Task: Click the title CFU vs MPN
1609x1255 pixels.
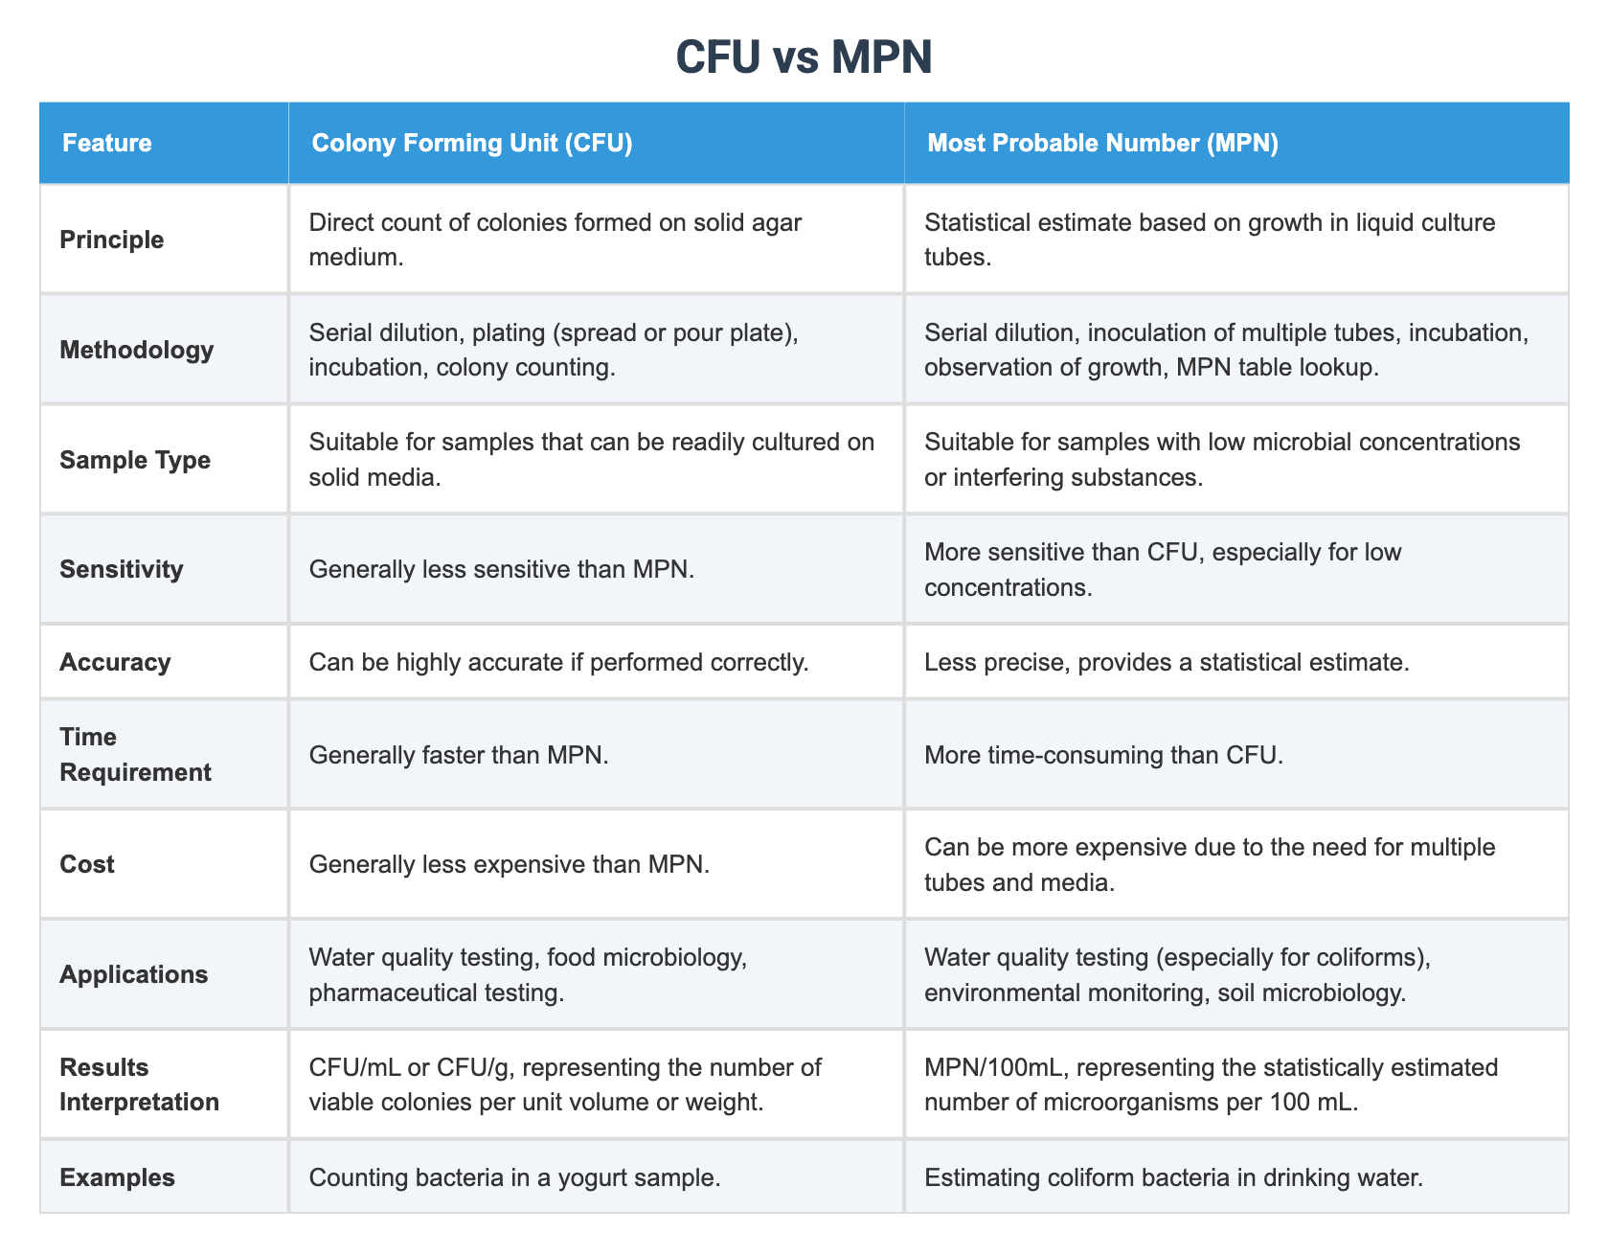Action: click(x=804, y=58)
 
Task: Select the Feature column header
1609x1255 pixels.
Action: click(x=106, y=144)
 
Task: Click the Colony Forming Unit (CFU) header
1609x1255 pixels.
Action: click(x=472, y=144)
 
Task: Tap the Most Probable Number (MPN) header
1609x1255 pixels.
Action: click(x=1102, y=144)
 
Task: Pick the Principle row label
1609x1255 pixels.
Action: click(x=112, y=240)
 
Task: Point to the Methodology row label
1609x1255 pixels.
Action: click(x=137, y=350)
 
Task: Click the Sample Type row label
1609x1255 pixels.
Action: click(x=135, y=460)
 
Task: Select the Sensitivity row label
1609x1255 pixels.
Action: click(x=121, y=569)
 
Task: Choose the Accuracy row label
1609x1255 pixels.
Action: click(x=115, y=662)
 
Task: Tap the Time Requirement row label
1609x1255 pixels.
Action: click(x=135, y=754)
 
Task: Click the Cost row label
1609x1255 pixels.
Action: click(x=87, y=864)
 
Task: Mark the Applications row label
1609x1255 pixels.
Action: click(x=133, y=974)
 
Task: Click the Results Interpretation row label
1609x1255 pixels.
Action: click(x=139, y=1084)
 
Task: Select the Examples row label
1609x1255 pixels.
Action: click(x=117, y=1177)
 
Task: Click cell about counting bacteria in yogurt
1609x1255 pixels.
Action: click(x=514, y=1177)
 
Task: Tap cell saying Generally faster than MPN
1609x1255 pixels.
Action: click(x=459, y=755)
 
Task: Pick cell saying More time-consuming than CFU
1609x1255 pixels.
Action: click(x=1102, y=755)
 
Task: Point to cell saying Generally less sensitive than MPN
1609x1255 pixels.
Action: click(x=502, y=569)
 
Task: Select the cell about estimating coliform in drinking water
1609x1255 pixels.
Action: click(x=1173, y=1177)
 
